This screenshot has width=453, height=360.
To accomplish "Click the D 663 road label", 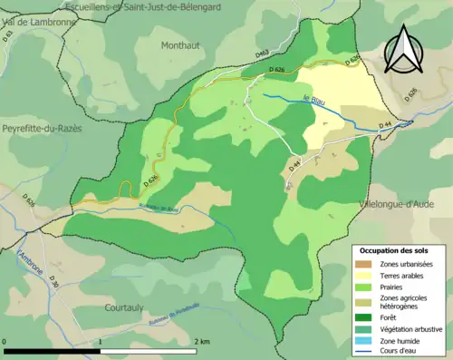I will coord(261,54).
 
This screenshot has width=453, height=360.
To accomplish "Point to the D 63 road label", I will coord(10,36).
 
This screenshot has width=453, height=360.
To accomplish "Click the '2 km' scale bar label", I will coord(202,341).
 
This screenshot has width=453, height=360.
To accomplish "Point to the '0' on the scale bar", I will coord(5,341).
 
